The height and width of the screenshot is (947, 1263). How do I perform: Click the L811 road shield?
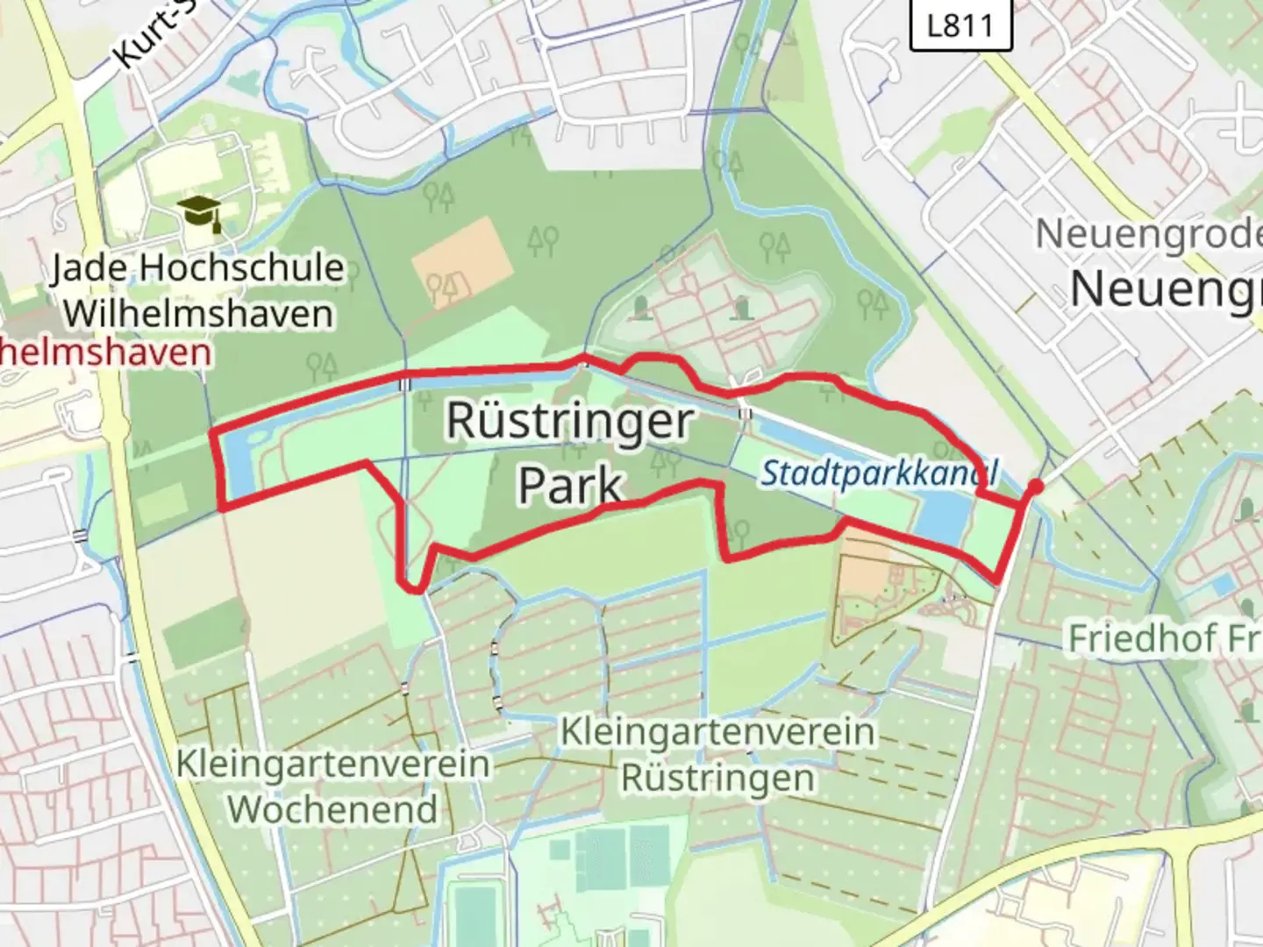coord(960,25)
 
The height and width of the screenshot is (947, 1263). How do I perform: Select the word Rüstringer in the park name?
coord(570,421)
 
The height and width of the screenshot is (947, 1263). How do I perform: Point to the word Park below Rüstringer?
coord(571,485)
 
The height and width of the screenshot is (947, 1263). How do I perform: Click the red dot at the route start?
coord(1036,488)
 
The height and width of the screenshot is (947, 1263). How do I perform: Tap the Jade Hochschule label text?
coord(197,267)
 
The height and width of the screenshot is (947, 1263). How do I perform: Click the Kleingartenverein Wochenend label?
coord(333,786)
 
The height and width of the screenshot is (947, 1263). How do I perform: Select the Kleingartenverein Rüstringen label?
coord(717,754)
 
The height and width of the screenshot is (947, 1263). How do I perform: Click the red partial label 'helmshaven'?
coord(105,352)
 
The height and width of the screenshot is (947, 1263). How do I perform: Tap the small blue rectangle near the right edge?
coord(1223,585)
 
